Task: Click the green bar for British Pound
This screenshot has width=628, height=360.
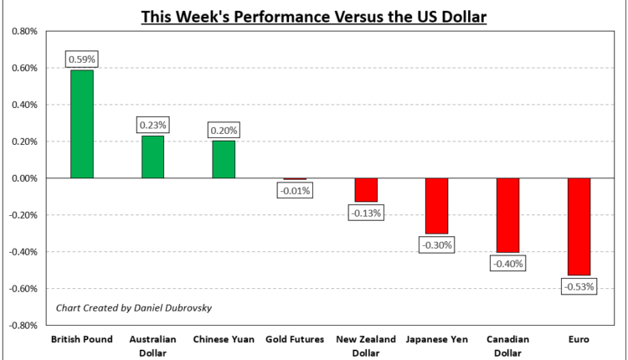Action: pyautogui.click(x=82, y=124)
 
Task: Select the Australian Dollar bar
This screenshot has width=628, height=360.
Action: pyautogui.click(x=152, y=157)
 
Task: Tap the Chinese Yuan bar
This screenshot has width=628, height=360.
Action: pyautogui.click(x=224, y=159)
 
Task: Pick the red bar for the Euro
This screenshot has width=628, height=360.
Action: pyautogui.click(x=579, y=227)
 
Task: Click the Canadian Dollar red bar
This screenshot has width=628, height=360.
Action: pyautogui.click(x=507, y=215)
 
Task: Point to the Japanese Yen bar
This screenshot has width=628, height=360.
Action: pyautogui.click(x=437, y=206)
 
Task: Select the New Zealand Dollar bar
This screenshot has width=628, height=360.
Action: pyautogui.click(x=366, y=190)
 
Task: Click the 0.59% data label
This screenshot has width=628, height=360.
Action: pyautogui.click(x=82, y=60)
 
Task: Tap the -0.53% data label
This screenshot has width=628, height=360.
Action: pyautogui.click(x=579, y=287)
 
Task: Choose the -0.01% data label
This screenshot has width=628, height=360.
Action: pyautogui.click(x=295, y=190)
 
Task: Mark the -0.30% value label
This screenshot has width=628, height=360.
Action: pyautogui.click(x=437, y=245)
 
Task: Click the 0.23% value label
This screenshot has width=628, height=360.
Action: pyautogui.click(x=152, y=125)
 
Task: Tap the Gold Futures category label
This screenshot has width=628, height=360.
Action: pyautogui.click(x=295, y=339)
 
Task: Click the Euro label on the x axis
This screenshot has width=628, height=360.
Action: pyautogui.click(x=579, y=339)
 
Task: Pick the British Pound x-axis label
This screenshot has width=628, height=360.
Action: pyautogui.click(x=82, y=339)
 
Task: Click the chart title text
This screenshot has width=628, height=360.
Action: pyautogui.click(x=314, y=15)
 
